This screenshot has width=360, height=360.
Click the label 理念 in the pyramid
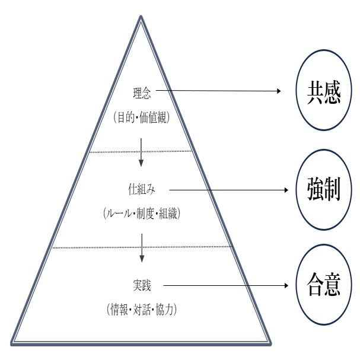coord(142,93)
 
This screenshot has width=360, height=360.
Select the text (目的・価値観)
coord(142,117)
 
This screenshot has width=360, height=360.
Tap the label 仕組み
coord(141,190)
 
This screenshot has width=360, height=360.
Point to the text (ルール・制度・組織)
coord(142,214)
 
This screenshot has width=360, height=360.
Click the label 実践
coord(142,286)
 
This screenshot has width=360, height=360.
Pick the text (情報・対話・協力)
coord(142,309)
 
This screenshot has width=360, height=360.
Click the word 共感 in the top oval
coord(324,93)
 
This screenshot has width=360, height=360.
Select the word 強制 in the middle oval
coord(324,189)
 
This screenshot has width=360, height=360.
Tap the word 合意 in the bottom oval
coord(324,284)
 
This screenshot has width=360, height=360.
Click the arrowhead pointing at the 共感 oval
coord(279,91)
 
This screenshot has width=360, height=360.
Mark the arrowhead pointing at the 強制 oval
coord(286,190)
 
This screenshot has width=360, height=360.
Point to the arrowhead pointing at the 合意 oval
coord(286,285)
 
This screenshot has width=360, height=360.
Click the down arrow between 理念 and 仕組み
coord(141,152)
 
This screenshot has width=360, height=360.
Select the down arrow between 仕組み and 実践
coord(142,248)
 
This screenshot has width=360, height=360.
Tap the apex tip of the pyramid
coord(141,16)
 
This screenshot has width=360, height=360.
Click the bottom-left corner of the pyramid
coord(11,345)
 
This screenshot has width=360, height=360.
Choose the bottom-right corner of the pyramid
coord(270,345)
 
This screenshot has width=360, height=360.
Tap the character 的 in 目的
coord(130,117)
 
